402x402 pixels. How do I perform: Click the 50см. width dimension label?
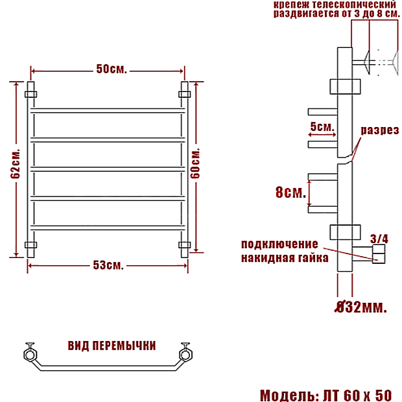pos(112,69)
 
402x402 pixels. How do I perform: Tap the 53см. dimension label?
pos(108,265)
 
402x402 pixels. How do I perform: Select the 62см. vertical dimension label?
pos(16,163)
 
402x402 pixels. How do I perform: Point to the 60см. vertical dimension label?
pos(195,163)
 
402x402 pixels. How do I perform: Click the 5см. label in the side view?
pos(322,126)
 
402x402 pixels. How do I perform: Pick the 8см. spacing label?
pos(290,192)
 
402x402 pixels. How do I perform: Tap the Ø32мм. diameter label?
pos(361,307)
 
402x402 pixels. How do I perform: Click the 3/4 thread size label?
pos(379,239)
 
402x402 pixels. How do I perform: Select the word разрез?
pos(380,130)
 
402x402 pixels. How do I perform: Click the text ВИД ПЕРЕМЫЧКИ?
pos(112,346)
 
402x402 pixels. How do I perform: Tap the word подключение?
pos(279,244)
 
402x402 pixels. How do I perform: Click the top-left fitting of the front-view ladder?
pos(30,95)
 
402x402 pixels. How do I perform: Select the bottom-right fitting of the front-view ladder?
pos(185,245)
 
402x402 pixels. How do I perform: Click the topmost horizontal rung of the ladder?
pos(108,111)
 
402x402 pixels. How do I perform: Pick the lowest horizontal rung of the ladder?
pos(108,228)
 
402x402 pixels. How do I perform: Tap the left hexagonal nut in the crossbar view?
pos(30,354)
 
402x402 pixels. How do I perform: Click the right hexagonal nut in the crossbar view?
pos(185,354)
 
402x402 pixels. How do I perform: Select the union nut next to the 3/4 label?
pos(379,254)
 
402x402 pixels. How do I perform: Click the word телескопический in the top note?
pos(354,5)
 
